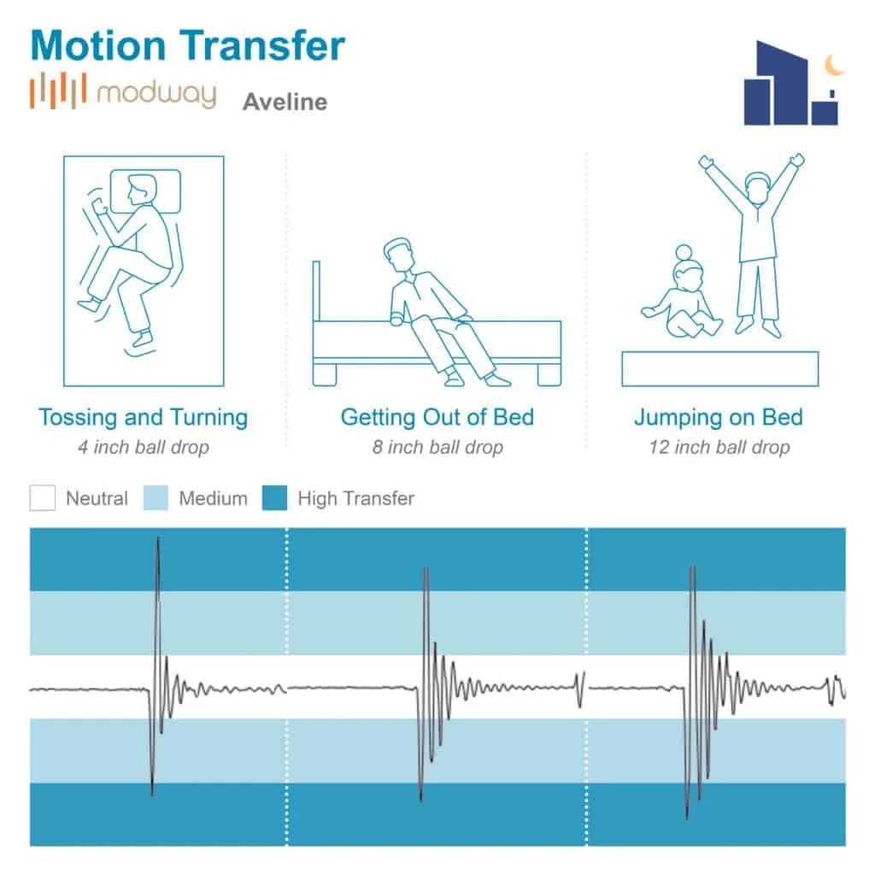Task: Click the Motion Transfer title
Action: [x=187, y=46]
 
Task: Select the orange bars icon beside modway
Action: [x=58, y=91]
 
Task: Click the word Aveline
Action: [x=285, y=103]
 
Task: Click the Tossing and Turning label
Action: [x=143, y=418]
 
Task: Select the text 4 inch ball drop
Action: [x=143, y=447]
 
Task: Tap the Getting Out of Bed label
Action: [x=437, y=418]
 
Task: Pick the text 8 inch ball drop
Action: [x=437, y=447]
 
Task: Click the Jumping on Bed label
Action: [x=718, y=418]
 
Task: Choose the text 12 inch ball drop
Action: [x=719, y=447]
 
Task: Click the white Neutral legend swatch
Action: [x=43, y=498]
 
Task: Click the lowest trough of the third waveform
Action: [x=689, y=816]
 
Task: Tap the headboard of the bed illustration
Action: [x=316, y=291]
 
